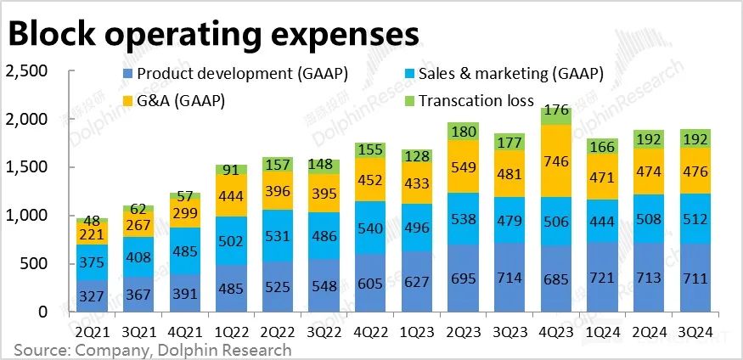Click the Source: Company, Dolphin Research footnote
point(152,350)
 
